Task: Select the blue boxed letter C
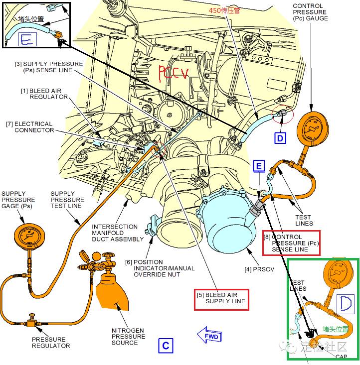(166, 346)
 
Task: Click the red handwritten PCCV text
(173, 73)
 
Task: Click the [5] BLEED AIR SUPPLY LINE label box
(220, 298)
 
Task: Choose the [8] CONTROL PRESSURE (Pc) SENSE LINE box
(291, 243)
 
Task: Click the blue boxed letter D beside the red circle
(281, 137)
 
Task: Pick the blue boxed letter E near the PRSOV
(259, 166)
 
